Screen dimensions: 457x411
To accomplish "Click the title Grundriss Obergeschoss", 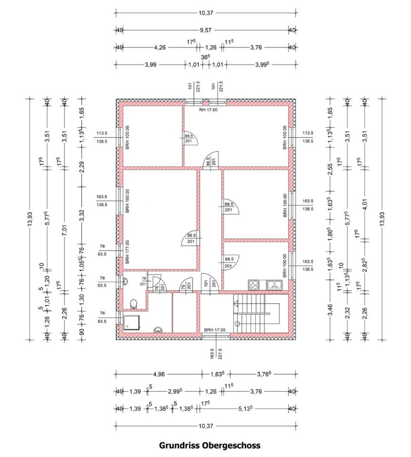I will (209, 446).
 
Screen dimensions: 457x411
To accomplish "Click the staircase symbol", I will (251, 314).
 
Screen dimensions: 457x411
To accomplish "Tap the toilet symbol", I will (134, 302).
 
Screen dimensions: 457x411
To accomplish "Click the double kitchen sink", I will (274, 285).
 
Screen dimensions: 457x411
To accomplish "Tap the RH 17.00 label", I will (208, 110).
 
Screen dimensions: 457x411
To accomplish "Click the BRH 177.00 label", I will (127, 252).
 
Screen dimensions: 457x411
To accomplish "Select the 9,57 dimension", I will (205, 30).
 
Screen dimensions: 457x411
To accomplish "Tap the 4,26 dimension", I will (160, 48).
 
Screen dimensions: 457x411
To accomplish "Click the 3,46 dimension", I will (330, 315).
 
